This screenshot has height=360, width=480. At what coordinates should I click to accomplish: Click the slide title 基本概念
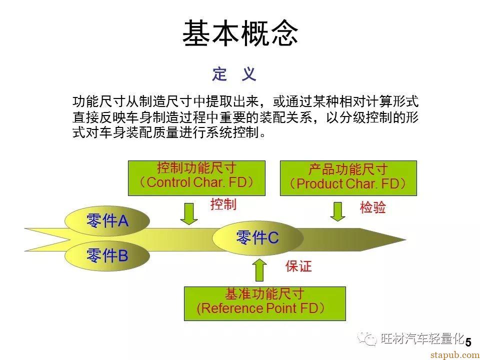tap(240, 33)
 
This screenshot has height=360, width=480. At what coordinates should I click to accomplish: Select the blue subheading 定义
tap(234, 74)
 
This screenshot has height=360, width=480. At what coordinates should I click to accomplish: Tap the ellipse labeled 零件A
tap(107, 220)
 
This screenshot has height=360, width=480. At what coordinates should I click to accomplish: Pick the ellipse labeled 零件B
tap(107, 255)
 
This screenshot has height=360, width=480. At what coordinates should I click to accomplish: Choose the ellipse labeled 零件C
tap(258, 238)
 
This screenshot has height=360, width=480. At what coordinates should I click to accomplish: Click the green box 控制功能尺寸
tap(196, 178)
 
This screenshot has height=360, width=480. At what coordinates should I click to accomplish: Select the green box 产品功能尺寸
tap(348, 178)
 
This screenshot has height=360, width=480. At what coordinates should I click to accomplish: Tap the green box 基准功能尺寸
tap(265, 303)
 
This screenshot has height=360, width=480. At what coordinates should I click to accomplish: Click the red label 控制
tap(223, 204)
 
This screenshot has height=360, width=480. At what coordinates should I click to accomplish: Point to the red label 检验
tap(373, 207)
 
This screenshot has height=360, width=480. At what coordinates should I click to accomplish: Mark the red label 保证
tap(298, 266)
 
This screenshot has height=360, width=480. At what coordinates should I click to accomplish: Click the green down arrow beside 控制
tap(189, 213)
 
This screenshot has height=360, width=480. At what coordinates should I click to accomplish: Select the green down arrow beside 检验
tap(337, 211)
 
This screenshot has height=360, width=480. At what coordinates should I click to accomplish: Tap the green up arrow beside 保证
tap(259, 269)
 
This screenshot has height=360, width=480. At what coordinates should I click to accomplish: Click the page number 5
tap(468, 342)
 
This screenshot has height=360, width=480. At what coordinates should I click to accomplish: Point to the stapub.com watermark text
tap(455, 355)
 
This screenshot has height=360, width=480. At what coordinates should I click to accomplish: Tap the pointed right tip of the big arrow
tap(406, 239)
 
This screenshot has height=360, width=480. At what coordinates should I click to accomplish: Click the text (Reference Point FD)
tap(261, 308)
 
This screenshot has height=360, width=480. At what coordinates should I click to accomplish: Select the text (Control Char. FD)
tap(196, 182)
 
